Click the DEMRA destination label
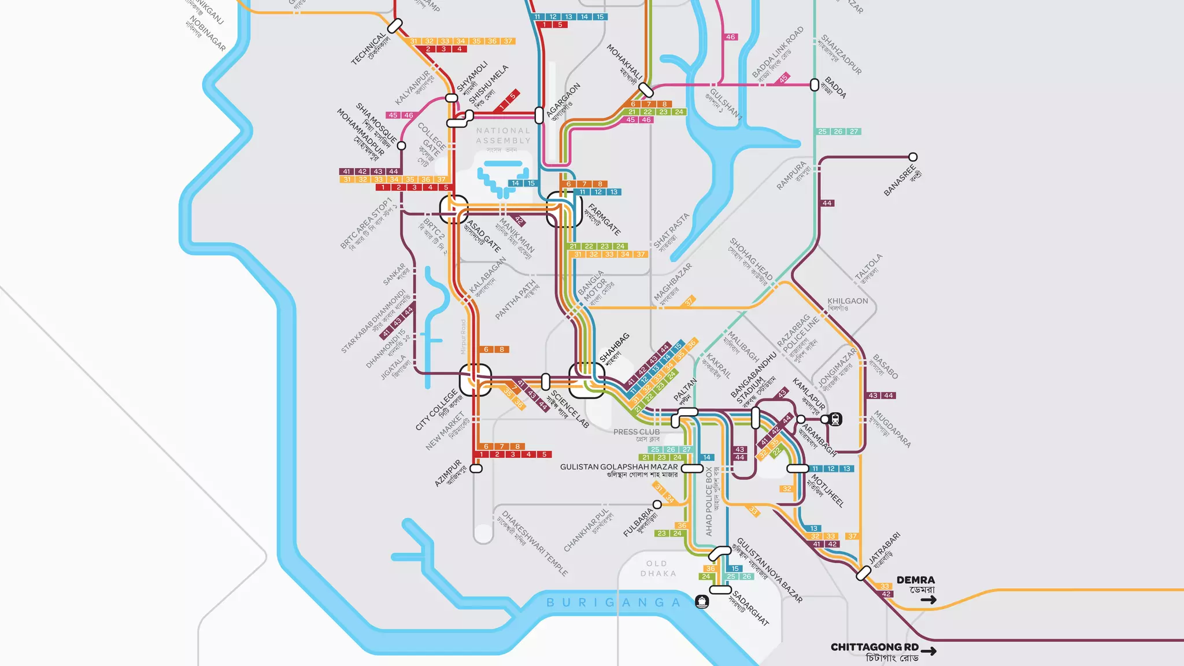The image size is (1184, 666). [915, 580]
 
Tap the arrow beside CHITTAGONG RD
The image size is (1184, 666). [929, 652]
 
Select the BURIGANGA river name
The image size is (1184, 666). [614, 602]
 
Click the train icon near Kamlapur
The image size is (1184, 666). [835, 419]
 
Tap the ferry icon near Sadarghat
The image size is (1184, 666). [702, 602]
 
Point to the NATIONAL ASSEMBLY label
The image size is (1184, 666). [503, 136]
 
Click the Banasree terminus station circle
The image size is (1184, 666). [913, 157]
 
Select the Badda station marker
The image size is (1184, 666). [815, 85]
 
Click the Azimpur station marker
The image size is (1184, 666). [476, 469]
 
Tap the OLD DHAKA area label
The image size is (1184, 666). [657, 568]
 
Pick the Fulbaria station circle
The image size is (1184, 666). [657, 505]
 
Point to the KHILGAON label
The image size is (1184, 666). [848, 301]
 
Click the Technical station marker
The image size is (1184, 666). [395, 26]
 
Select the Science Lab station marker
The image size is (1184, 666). [545, 382]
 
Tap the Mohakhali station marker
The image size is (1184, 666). [646, 90]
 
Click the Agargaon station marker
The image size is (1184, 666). [539, 115]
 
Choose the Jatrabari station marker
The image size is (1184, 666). [863, 573]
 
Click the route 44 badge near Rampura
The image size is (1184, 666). [827, 203]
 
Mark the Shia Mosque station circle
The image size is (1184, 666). [402, 146]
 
